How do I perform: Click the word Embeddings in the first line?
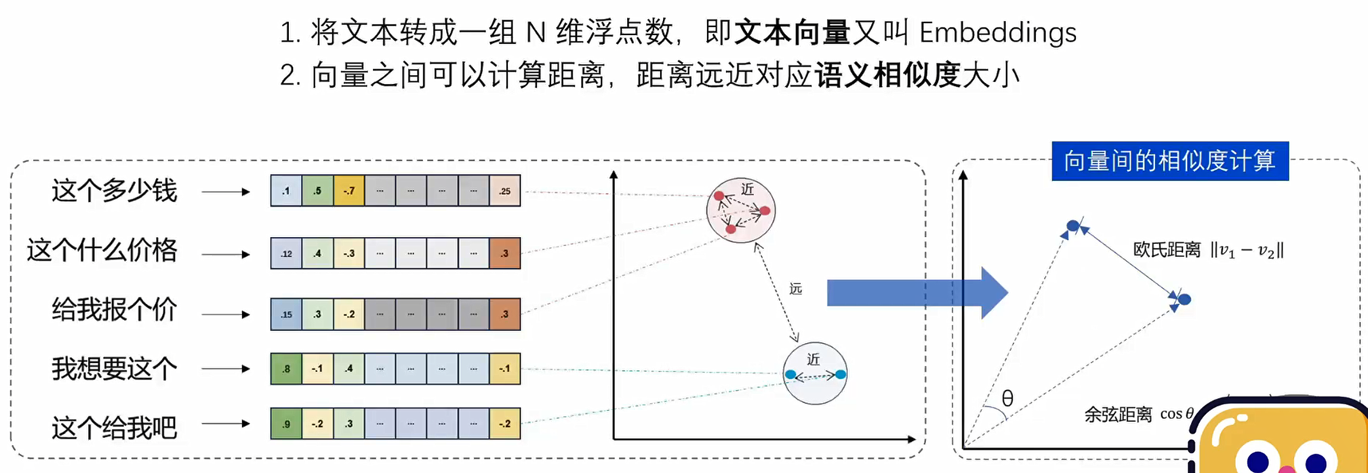pyautogui.click(x=997, y=33)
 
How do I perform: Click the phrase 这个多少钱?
pyautogui.click(x=114, y=191)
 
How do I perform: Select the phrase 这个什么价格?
pyautogui.click(x=102, y=251)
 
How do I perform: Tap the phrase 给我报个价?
pyautogui.click(x=114, y=310)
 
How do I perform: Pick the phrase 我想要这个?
pyautogui.click(x=114, y=369)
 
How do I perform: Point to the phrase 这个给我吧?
pyautogui.click(x=114, y=428)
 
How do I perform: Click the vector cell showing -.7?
pyautogui.click(x=348, y=191)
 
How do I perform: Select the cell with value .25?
pyautogui.click(x=504, y=191)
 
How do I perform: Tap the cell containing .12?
pyautogui.click(x=286, y=253)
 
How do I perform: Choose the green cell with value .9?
pyautogui.click(x=286, y=424)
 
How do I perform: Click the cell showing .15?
pyautogui.click(x=286, y=314)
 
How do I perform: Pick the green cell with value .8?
pyautogui.click(x=286, y=369)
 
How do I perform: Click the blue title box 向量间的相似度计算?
pyautogui.click(x=1169, y=161)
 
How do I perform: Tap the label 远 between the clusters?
pyautogui.click(x=796, y=289)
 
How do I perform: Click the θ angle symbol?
pyautogui.click(x=1007, y=398)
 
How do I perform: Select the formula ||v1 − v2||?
pyautogui.click(x=1247, y=251)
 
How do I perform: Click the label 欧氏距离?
pyautogui.click(x=1167, y=251)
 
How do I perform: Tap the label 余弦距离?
pyautogui.click(x=1118, y=414)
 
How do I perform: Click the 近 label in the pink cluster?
pyautogui.click(x=747, y=189)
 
